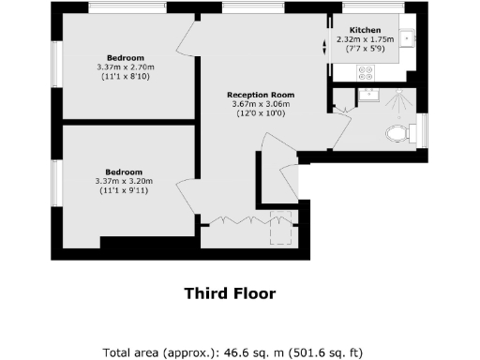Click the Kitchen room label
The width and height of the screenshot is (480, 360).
365,29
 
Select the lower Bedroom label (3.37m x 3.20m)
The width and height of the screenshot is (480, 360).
124,172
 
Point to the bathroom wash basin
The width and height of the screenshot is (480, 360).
367,94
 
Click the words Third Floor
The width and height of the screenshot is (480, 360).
230,293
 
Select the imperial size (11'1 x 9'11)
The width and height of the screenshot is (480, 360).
124,190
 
